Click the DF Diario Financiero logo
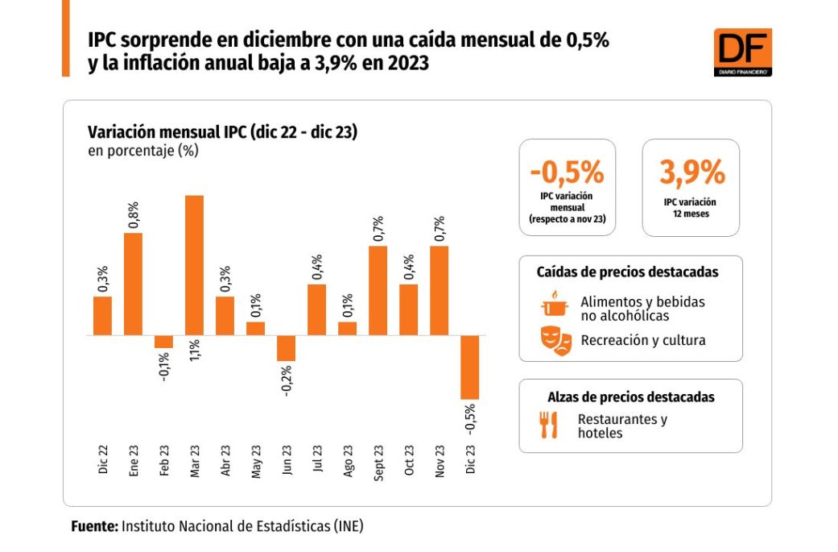tap(742, 52)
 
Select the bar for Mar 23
tap(194, 265)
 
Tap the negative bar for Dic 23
tap(469, 367)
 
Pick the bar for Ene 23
tap(133, 284)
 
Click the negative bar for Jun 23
tap(286, 348)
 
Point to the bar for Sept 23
tap(378, 290)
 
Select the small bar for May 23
tap(255, 328)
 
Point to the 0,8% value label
tap(134, 215)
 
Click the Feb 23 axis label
tap(164, 462)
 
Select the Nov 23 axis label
tap(440, 462)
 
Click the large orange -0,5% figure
tap(567, 172)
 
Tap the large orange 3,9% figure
tap(691, 172)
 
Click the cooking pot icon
tap(554, 305)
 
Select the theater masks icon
tap(555, 340)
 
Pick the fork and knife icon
tap(549, 425)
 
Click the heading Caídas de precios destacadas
tap(627, 272)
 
